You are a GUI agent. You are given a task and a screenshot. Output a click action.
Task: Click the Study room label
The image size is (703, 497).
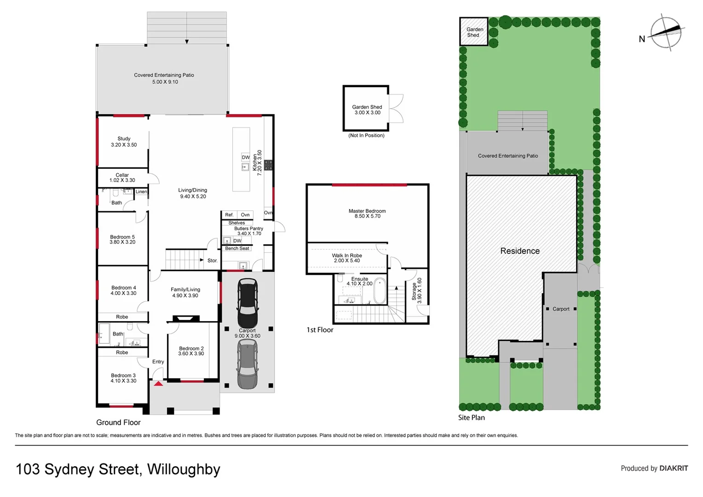124,139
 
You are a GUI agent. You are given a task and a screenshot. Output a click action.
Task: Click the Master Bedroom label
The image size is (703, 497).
367,211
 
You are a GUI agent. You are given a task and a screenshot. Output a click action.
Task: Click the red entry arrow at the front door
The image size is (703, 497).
158,383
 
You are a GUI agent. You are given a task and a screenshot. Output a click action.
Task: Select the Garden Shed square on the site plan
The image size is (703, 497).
473,32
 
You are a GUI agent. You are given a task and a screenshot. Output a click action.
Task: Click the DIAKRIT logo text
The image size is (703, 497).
674,468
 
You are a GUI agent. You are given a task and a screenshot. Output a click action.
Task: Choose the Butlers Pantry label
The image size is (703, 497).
248,228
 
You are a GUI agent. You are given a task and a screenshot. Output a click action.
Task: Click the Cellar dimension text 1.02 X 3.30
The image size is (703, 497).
122,180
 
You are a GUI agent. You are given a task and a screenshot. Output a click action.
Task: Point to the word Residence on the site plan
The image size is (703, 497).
520,251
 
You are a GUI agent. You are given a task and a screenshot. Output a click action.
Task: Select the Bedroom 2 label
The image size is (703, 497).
191,348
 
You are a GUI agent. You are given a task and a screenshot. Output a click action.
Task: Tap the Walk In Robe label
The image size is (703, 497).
347,255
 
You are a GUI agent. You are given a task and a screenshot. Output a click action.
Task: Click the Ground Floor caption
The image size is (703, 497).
118,422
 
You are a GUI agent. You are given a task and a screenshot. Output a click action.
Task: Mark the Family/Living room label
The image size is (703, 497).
185,289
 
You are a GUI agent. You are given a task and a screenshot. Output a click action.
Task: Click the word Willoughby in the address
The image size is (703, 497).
184,469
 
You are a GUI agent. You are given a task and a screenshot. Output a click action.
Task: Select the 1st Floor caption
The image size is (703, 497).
320,330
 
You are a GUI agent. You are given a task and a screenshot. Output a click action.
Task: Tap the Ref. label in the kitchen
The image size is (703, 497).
229,215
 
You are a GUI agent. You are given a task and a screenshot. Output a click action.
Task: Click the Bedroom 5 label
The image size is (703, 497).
122,237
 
